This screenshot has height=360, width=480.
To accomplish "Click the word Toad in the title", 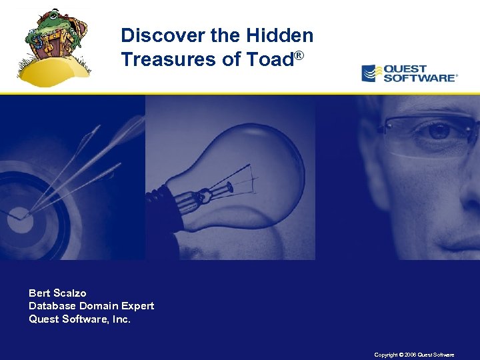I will coord(269,59).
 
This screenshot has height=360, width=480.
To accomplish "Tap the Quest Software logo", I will coord(409,73).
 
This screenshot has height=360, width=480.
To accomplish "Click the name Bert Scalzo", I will coord(57,293).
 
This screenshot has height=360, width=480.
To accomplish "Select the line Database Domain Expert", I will coord(91,306).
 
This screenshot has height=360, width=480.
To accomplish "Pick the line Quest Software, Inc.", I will coord(79,319).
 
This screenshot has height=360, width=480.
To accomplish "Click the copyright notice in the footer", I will coord(414,355).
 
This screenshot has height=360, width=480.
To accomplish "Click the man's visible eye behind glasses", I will coord(438,131).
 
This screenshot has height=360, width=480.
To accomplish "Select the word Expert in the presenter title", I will coord(138,306).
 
